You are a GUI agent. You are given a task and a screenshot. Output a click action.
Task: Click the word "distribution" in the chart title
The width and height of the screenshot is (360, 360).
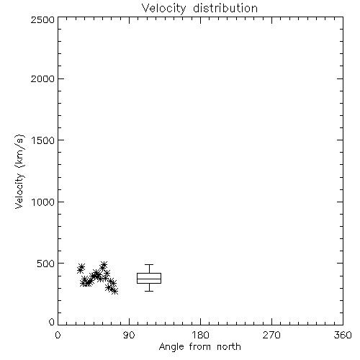pyautogui.click(x=225, y=8)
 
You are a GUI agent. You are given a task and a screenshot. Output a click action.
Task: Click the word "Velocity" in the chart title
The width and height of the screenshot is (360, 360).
pyautogui.click(x=163, y=9)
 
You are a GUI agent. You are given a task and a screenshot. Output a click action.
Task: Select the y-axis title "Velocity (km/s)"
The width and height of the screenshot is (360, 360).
pyautogui.click(x=19, y=171)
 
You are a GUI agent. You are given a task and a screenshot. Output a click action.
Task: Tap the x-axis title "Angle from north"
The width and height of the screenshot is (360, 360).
pyautogui.click(x=199, y=347)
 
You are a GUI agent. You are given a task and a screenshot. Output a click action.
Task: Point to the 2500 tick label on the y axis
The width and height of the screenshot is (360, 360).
pyautogui.click(x=42, y=19)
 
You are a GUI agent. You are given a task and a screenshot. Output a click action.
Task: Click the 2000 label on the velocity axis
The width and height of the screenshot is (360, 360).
pyautogui.click(x=42, y=78)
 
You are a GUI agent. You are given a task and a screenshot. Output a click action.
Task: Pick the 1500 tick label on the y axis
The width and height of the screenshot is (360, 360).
pyautogui.click(x=42, y=140)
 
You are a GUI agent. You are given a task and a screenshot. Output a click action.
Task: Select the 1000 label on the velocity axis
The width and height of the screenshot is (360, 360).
pyautogui.click(x=42, y=202)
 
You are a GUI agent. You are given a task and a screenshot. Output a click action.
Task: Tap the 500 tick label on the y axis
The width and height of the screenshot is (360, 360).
pyautogui.click(x=46, y=264)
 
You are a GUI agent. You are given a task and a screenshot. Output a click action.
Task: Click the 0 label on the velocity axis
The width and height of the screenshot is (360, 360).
pyautogui.click(x=52, y=322)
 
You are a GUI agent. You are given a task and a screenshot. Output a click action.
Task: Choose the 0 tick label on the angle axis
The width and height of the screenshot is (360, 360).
pyautogui.click(x=58, y=335)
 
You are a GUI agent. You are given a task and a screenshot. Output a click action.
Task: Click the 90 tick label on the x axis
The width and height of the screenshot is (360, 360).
pyautogui.click(x=129, y=335)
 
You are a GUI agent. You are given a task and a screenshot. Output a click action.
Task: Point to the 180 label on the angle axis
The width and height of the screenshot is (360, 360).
pyautogui.click(x=200, y=335)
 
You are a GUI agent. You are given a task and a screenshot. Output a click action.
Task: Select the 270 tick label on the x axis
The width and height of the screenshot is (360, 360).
pyautogui.click(x=271, y=335)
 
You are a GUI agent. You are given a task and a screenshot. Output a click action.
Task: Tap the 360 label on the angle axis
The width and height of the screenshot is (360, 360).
pyautogui.click(x=343, y=335)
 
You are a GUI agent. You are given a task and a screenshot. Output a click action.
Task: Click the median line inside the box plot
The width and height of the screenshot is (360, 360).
pyautogui.click(x=149, y=279)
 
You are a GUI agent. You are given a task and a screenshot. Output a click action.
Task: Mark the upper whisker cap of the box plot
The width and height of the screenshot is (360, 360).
pyautogui.click(x=149, y=265)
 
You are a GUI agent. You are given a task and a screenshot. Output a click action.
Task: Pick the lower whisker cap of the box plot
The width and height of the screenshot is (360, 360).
pyautogui.click(x=149, y=291)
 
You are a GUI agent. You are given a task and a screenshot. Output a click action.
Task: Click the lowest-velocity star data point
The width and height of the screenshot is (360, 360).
pyautogui.click(x=114, y=291)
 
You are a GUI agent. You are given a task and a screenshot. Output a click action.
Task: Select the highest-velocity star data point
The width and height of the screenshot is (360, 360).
pyautogui.click(x=104, y=265)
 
